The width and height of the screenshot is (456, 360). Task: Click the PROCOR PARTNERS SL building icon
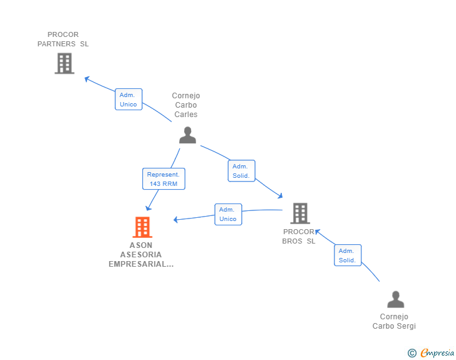pos(65,63)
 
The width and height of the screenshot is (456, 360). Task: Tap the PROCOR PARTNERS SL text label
pos(63,39)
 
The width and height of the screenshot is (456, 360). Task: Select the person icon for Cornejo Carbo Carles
pos(187,135)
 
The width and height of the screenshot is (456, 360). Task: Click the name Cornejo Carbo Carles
pos(186,105)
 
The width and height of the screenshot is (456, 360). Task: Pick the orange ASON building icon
pos(142,227)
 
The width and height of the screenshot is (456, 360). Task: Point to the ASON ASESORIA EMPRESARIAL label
pos(141,255)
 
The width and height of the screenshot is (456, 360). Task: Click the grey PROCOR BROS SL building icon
pos(300,213)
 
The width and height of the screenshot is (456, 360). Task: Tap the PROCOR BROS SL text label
pos(299,237)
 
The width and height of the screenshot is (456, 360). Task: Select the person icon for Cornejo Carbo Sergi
pos(395,300)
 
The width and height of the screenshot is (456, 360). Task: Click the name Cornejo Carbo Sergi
pos(394,321)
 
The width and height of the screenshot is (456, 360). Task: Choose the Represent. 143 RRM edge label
pos(163,179)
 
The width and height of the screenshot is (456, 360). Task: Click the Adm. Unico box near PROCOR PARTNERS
pos(128,100)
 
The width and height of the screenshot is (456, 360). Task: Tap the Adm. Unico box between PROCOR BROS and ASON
pos(228,214)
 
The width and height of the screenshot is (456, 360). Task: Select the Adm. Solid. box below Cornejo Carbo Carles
pos(241,171)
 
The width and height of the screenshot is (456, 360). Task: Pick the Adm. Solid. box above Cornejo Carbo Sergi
pos(348,255)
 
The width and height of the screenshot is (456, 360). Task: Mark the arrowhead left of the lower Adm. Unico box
pos(177,219)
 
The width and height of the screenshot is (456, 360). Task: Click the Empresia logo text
pos(437,353)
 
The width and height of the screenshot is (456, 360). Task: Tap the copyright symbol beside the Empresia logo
pos(412,354)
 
